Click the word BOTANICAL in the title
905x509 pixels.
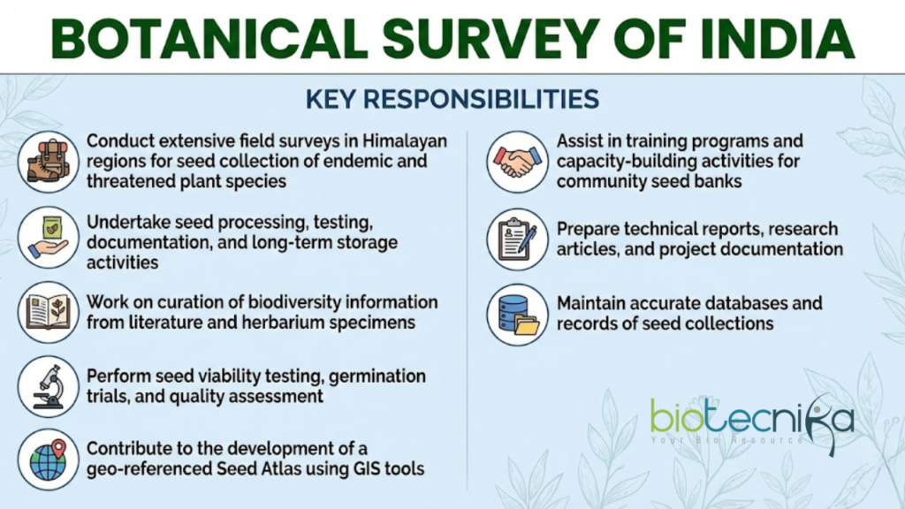pos(209,39)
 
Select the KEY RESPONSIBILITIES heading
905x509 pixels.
pos(452,99)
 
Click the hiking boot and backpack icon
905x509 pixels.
pos(48,161)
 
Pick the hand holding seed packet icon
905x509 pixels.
pos(48,237)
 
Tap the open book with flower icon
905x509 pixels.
pos(48,312)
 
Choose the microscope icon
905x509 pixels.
pos(48,387)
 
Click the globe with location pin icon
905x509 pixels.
pos(48,460)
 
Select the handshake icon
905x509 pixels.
pos(517,161)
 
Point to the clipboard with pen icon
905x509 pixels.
pos(517,239)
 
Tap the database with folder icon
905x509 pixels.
pos(517,315)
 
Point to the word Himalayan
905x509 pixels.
pos(405,141)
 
